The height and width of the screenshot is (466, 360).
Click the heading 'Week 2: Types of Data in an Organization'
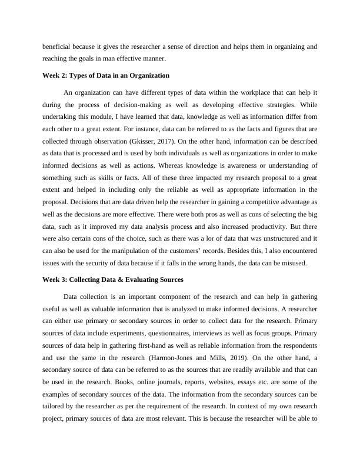106,75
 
